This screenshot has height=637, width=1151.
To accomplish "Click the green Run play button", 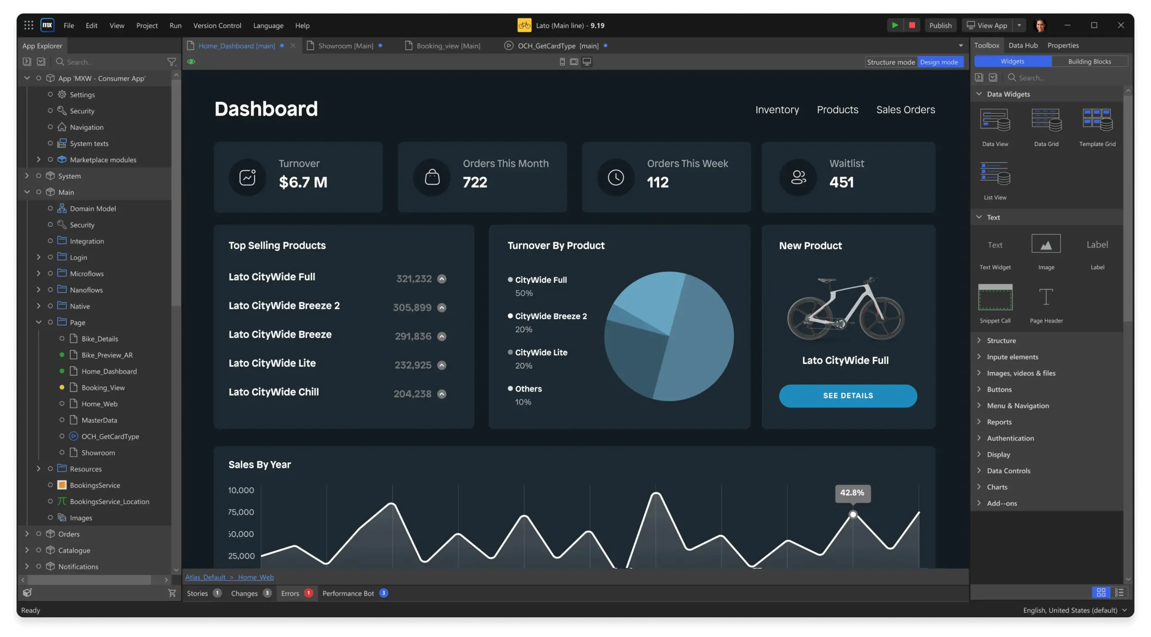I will coord(895,26).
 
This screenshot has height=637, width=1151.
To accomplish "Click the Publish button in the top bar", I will coord(940,26).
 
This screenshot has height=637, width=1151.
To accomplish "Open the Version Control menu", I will coord(217,26).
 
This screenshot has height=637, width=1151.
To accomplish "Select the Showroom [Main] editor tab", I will coord(345,46).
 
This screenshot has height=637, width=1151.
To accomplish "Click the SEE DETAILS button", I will coord(848,396).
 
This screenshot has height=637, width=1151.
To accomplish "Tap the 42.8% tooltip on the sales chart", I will coord(852,493).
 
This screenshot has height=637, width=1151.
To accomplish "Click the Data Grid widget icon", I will coord(1046,120).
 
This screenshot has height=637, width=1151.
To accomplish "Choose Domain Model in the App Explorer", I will coord(93,208).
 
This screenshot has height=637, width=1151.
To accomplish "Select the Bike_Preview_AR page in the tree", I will coord(107,355).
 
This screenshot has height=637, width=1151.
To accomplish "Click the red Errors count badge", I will coord(308,593).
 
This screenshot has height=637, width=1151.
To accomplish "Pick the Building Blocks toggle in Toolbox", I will coord(1089,62).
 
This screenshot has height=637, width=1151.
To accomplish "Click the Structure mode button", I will coord(891,62).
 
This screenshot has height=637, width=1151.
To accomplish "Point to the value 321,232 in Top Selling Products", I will coord(414,279).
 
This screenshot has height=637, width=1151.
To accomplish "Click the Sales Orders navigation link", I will coord(906,110).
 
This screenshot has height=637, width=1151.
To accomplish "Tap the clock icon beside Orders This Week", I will coord(616,177).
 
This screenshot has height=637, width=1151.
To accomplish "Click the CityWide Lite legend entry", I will coord(541,353).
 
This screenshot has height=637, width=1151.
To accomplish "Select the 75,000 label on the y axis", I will coord(241,512).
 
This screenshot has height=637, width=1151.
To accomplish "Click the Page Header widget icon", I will coord(1046,297).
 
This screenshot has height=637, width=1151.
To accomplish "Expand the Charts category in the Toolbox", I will coord(997,487).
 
